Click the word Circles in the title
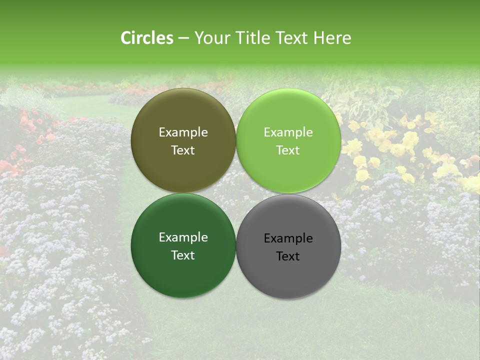tap(146, 38)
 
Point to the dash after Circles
tap(183, 38)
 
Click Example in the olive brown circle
tap(183, 132)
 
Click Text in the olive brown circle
tap(183, 150)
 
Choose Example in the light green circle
tap(288, 132)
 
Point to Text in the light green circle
tap(288, 150)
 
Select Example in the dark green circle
tap(183, 237)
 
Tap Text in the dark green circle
tap(183, 255)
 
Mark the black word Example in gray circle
tap(288, 238)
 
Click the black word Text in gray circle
tap(288, 256)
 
